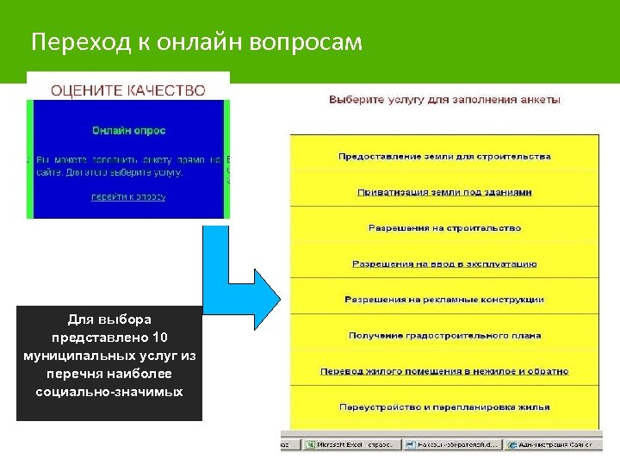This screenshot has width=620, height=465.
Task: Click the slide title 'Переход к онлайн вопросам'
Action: click(196, 41)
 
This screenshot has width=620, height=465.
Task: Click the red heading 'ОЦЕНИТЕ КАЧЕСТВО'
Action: click(128, 90)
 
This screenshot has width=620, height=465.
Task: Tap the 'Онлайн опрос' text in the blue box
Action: click(128, 131)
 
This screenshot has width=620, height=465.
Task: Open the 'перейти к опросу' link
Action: click(128, 196)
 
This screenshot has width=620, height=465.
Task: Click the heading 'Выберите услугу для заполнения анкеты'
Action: click(444, 100)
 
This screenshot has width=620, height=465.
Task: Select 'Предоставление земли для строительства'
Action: click(444, 157)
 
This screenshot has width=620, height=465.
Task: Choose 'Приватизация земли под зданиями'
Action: click(444, 192)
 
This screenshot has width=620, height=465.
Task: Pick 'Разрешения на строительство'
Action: click(444, 228)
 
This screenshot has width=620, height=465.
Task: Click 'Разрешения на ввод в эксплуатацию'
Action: click(444, 263)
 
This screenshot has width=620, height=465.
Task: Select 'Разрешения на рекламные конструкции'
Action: click(444, 300)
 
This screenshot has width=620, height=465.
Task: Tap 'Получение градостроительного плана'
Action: click(444, 335)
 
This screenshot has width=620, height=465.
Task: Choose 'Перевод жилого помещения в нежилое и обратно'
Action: click(444, 371)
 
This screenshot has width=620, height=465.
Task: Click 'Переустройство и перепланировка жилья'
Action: click(444, 406)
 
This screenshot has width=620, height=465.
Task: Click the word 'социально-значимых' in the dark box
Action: click(109, 391)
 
